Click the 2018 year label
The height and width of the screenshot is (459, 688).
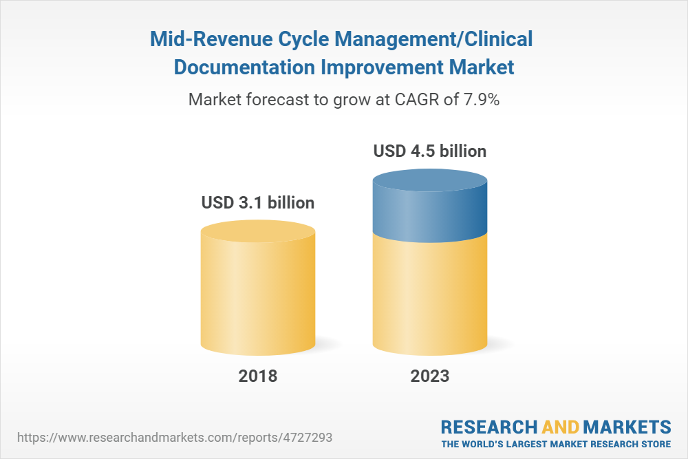tap(258, 376)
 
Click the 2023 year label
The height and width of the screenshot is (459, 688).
tap(430, 376)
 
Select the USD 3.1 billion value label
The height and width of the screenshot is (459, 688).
tap(258, 203)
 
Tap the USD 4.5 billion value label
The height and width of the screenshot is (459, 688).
tap(430, 151)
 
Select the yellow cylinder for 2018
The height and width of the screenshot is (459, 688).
tap(258, 289)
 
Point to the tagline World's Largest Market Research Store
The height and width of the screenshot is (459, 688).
tap(556, 443)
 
